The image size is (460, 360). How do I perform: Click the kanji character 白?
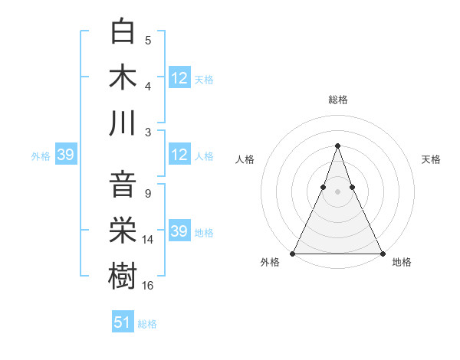pos(123,31)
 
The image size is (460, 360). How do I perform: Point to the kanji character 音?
pos(123,185)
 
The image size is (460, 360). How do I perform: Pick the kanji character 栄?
pos(123,230)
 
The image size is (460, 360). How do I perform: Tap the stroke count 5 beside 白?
pos(148,41)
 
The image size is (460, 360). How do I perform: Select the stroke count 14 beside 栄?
pos(148,240)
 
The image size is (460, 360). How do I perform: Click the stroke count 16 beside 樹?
pos(148,286)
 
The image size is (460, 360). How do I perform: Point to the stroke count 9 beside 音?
pos(148,194)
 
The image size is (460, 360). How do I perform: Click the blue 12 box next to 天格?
pos(179,78)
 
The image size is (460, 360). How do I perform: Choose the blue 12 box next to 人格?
pos(179,155)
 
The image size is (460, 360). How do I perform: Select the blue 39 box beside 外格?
pos(65,155)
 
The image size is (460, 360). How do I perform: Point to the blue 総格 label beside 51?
pos(147,324)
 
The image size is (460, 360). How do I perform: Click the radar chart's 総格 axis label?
pos(337,100)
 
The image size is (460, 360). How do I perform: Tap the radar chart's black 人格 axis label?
pos(245,159)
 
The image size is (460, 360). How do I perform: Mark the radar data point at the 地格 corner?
pos(382,254)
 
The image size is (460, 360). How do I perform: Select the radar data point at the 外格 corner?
pos(293,254)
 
